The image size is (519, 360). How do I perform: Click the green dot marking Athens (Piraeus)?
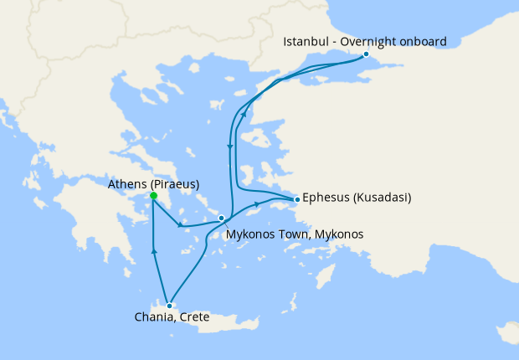tap(153, 196)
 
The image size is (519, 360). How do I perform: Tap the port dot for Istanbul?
tap(366, 54)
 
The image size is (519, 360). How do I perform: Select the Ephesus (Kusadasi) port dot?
tap(296, 199)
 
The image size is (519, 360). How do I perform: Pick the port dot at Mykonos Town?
tap(221, 219)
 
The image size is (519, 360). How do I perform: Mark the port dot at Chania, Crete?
tap(169, 306)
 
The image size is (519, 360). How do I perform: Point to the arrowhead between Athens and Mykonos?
tap(179, 224)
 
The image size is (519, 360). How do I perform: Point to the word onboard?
tap(424, 41)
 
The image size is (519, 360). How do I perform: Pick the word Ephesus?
tap(324, 199)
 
